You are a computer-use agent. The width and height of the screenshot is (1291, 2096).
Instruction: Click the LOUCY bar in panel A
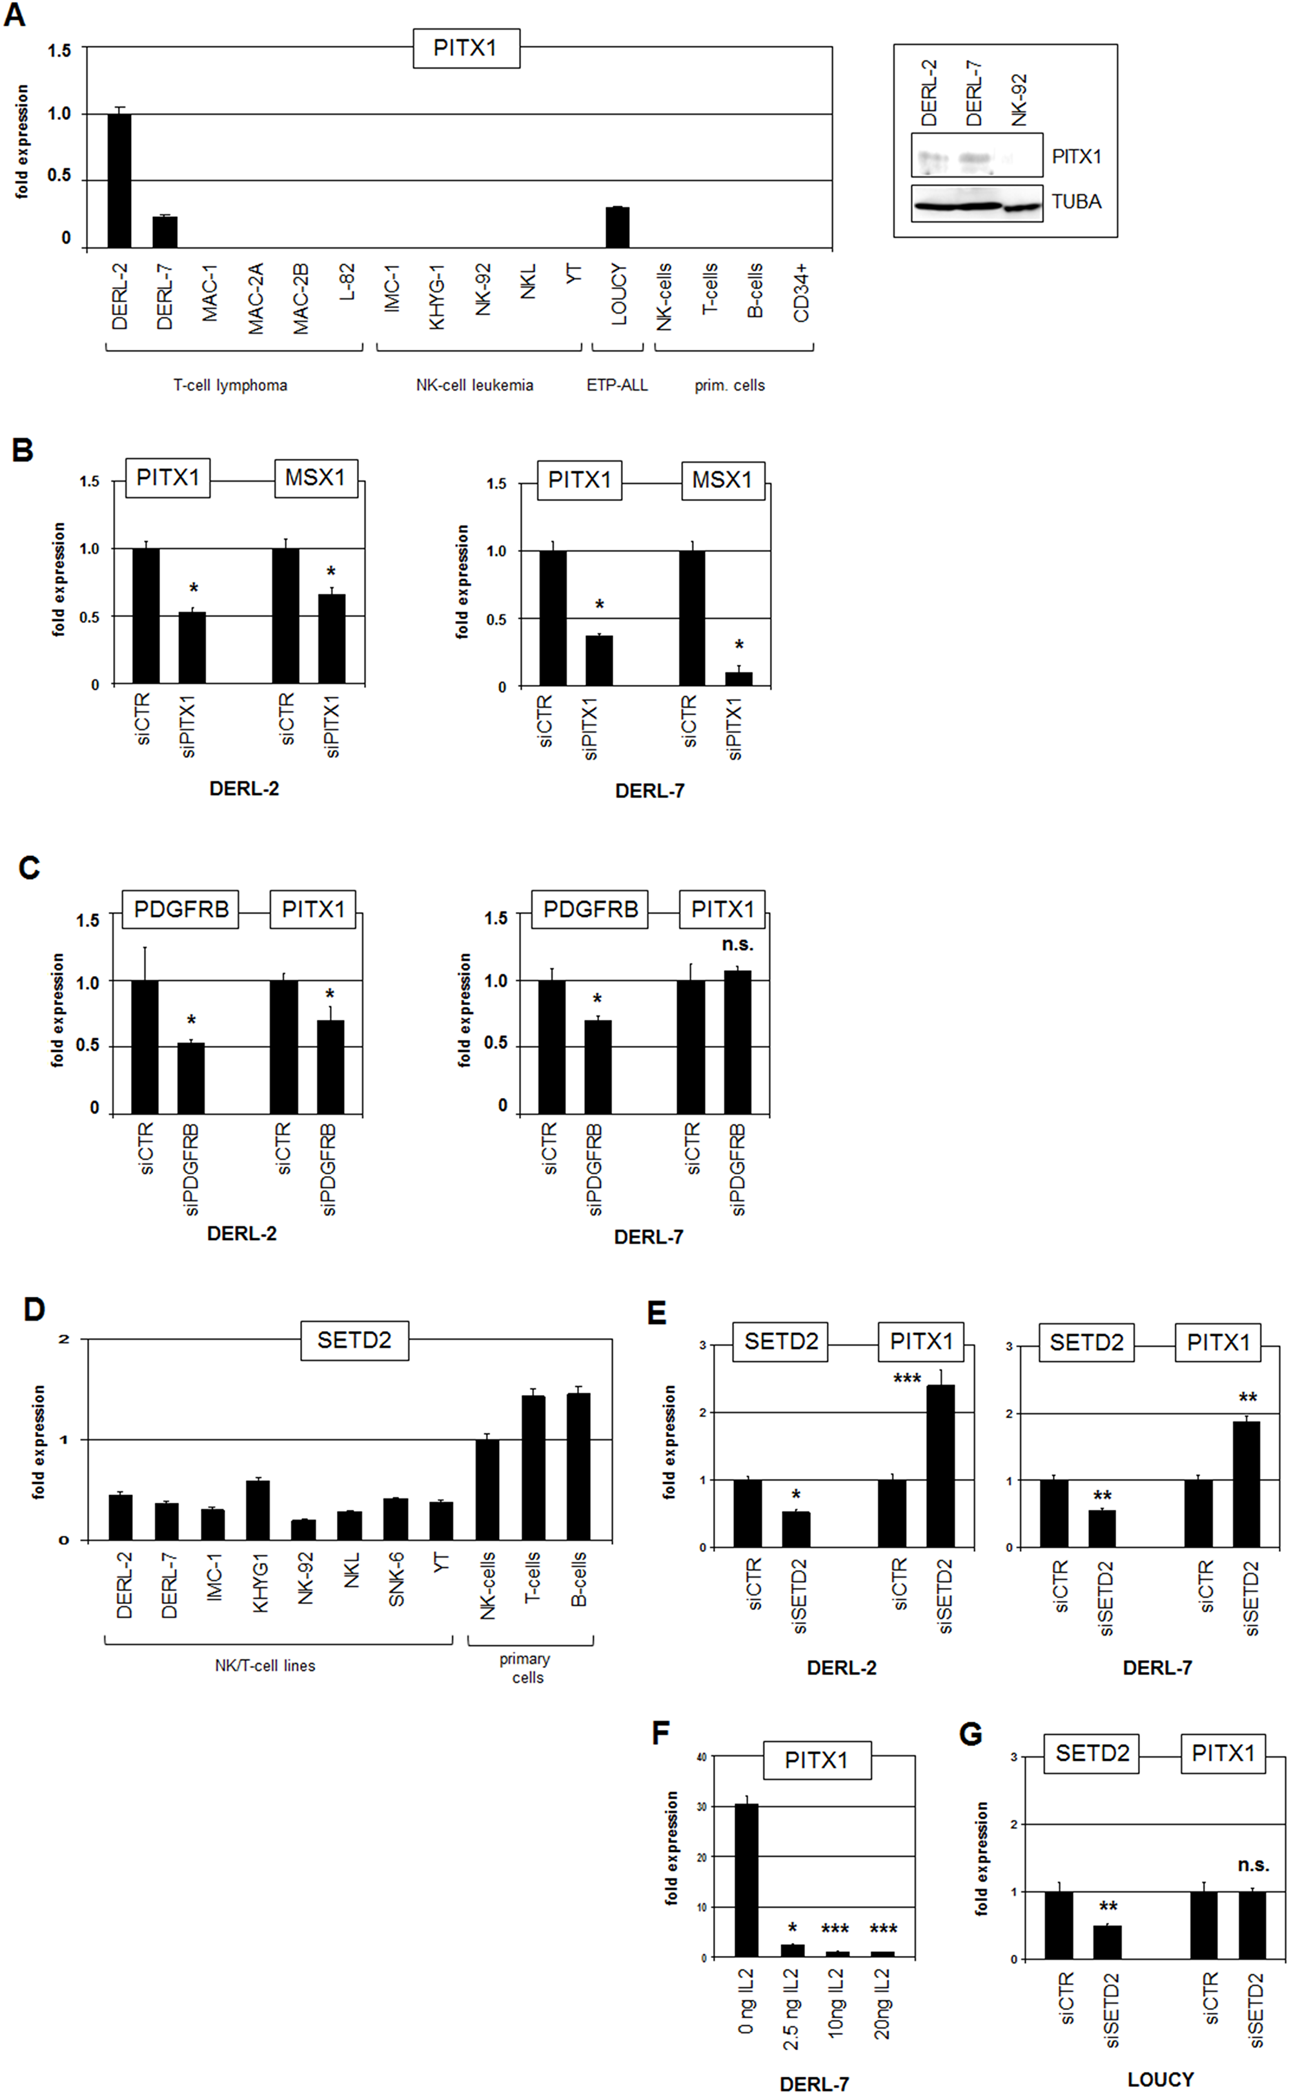pos(617,228)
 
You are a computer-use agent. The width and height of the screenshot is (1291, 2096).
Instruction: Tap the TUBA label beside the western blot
pos(1076,202)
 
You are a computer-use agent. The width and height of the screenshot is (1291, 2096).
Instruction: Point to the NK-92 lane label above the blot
pos(1019,100)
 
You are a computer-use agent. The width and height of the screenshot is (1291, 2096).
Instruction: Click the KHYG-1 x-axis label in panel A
pos(436,296)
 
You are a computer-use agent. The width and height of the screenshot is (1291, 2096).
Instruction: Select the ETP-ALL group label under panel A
pos(616,385)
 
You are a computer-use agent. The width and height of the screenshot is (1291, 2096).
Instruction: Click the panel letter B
pos(23,450)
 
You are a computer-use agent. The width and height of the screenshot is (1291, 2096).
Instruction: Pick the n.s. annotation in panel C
pos(738,944)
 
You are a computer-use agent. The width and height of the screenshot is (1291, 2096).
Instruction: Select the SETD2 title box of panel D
pos(354,1340)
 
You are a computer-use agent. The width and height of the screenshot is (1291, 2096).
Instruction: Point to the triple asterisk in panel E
pos(907,1379)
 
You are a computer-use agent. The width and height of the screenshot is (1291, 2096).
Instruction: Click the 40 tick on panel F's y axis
pos(701,1757)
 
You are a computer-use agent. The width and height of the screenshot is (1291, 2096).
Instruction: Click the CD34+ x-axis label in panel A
pos(801,293)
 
